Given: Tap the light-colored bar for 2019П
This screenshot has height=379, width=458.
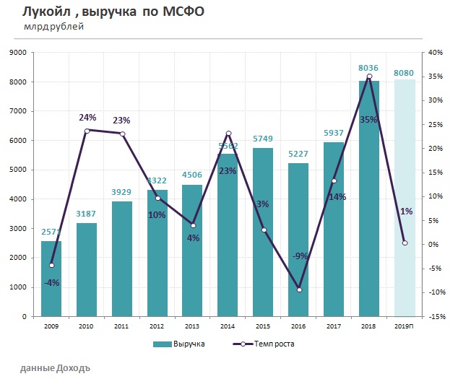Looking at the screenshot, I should [x=404, y=199].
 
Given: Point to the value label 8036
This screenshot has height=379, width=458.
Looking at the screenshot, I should [x=369, y=69].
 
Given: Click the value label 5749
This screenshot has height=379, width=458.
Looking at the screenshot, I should [x=263, y=139].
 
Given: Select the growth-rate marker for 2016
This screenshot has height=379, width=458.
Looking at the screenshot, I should [x=298, y=289].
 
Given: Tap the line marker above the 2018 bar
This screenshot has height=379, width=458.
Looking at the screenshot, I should [x=369, y=77].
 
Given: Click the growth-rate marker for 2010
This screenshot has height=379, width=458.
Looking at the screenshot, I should [x=87, y=131].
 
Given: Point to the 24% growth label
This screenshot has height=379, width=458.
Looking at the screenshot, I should [x=87, y=117].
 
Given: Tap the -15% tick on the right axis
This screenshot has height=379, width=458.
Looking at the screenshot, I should [x=436, y=316].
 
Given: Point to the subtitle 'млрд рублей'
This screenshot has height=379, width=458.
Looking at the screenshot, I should [x=53, y=27].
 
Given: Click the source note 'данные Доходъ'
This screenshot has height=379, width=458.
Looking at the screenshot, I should [x=55, y=367].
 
